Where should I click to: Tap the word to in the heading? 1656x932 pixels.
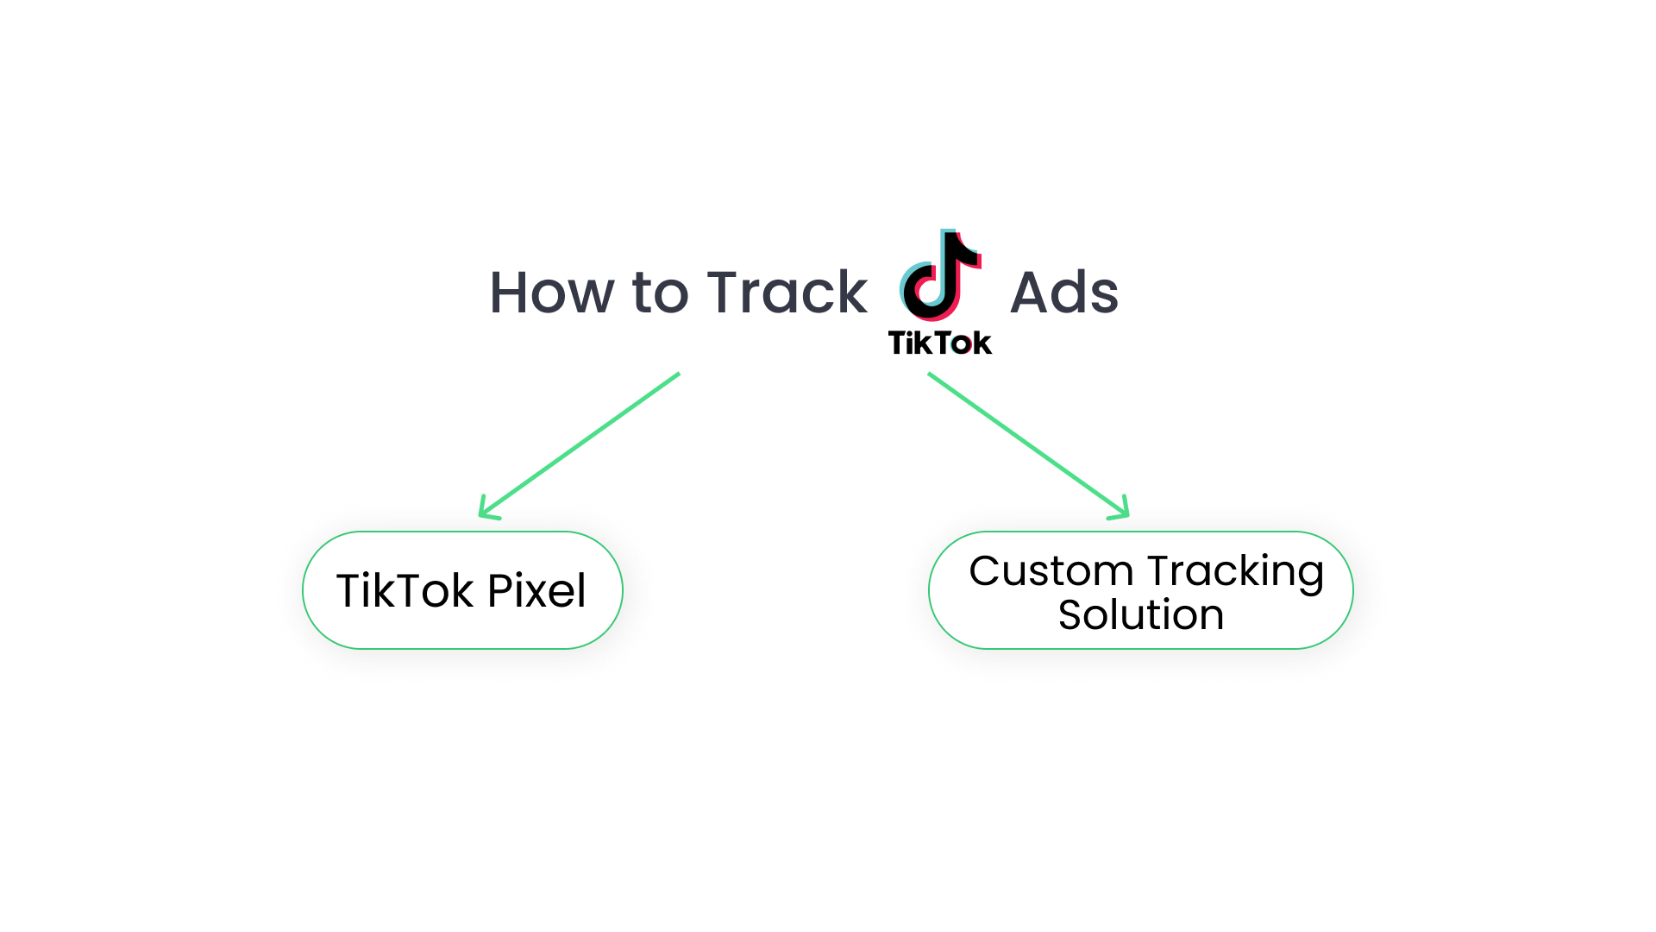point(662,293)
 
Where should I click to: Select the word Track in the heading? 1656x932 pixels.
point(787,293)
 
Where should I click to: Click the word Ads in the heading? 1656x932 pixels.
point(1063,293)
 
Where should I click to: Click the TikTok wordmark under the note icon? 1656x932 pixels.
point(940,343)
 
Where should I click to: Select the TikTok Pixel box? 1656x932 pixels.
point(462,590)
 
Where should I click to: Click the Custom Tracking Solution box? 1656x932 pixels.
point(1140,590)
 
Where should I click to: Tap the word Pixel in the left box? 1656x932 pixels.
point(536,591)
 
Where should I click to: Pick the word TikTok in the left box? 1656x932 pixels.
point(405,591)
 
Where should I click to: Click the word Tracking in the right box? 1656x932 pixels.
point(1235,571)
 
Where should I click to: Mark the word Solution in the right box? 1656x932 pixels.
point(1140,615)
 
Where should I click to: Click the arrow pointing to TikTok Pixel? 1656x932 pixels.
point(580,445)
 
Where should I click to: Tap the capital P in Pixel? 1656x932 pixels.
point(499,591)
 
